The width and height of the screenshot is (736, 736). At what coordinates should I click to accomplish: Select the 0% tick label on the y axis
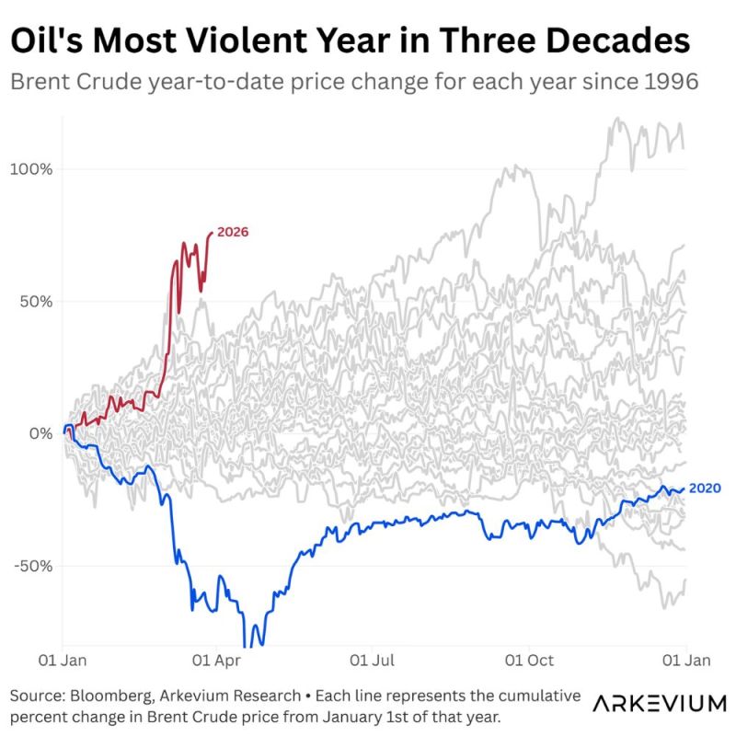(40, 433)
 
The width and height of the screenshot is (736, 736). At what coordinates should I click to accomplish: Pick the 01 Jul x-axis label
(373, 660)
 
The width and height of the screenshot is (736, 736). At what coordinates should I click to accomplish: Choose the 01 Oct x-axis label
(530, 660)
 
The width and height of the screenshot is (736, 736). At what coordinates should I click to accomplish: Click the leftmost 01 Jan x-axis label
(62, 660)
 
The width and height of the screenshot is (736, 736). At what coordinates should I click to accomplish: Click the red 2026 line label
(233, 233)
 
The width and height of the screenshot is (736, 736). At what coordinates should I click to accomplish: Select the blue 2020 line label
(705, 488)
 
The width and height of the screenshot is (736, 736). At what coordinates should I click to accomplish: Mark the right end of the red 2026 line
(213, 234)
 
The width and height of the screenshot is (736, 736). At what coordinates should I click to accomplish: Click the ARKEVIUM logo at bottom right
(659, 704)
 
